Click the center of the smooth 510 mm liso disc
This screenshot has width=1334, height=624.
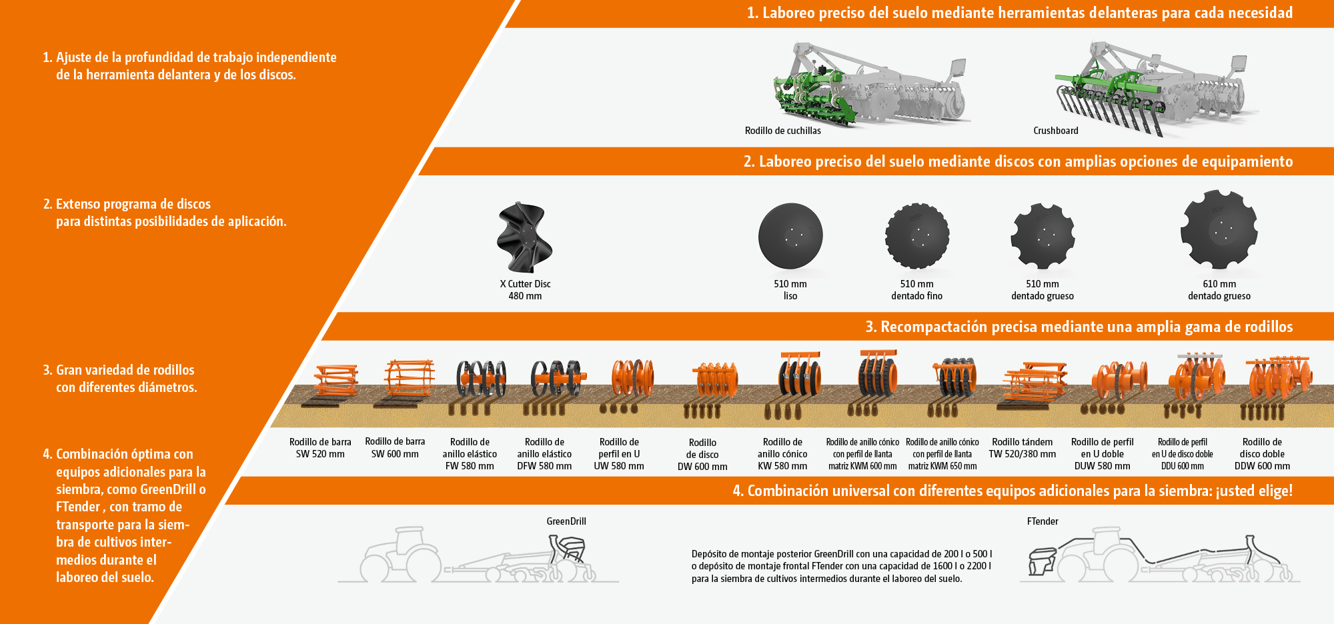(790, 236)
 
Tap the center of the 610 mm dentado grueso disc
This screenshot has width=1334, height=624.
(1219, 229)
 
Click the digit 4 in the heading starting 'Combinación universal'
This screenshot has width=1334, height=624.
(738, 491)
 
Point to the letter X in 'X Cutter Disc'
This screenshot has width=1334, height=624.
(503, 284)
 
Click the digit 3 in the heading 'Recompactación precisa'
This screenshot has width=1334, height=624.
(870, 327)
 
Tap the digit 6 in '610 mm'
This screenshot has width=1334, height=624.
(1206, 284)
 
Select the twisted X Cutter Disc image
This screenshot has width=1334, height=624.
(525, 237)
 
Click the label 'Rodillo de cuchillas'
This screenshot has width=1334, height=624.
(783, 131)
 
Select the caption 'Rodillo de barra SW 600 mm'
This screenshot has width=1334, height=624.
(395, 447)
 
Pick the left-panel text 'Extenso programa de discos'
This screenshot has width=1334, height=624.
(133, 204)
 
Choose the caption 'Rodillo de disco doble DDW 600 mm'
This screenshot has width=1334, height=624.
(1262, 454)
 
